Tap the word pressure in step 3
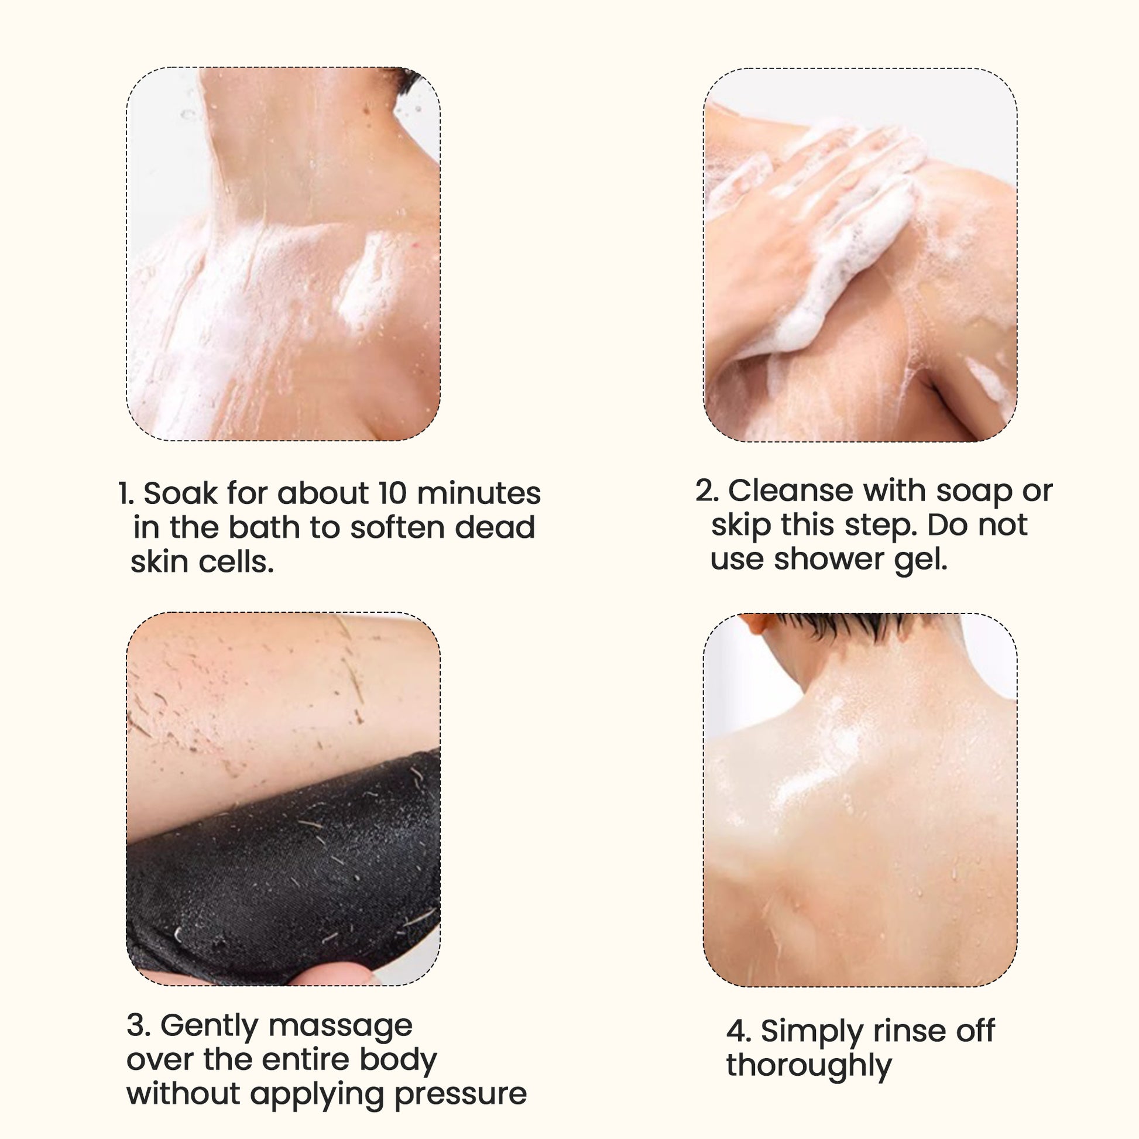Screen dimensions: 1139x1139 (461, 1096)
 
